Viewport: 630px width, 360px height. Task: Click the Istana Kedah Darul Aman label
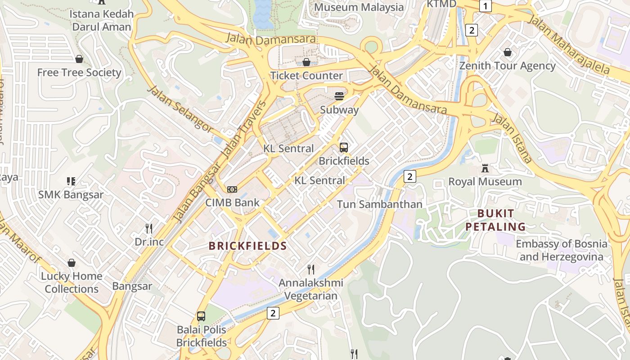[x=102, y=20]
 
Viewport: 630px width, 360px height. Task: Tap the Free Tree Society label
[x=79, y=72]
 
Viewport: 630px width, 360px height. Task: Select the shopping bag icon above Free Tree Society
[x=79, y=59]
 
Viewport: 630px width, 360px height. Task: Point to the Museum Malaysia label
[x=359, y=7]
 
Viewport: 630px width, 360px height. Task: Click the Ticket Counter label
[x=306, y=75]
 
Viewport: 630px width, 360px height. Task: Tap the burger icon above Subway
[x=339, y=96]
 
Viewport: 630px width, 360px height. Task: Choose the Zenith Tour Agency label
[x=507, y=66]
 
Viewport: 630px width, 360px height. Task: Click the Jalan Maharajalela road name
[x=569, y=44]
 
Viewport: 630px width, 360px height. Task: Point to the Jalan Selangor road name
[x=180, y=109]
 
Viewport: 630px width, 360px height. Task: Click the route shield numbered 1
[x=486, y=6]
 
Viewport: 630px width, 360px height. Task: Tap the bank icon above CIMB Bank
[x=232, y=189]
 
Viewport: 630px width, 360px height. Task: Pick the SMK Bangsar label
[x=71, y=195]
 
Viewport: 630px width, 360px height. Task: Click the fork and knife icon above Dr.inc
[x=149, y=229]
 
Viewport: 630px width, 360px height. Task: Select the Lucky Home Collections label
[x=72, y=283]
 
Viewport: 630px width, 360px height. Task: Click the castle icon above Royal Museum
[x=485, y=168]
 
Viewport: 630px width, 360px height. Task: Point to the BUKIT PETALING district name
[x=495, y=220]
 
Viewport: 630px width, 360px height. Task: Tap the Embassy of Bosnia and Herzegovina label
[x=561, y=250]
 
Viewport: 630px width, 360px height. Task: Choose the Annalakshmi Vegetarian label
[x=311, y=289]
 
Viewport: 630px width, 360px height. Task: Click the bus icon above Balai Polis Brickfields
[x=201, y=316]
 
